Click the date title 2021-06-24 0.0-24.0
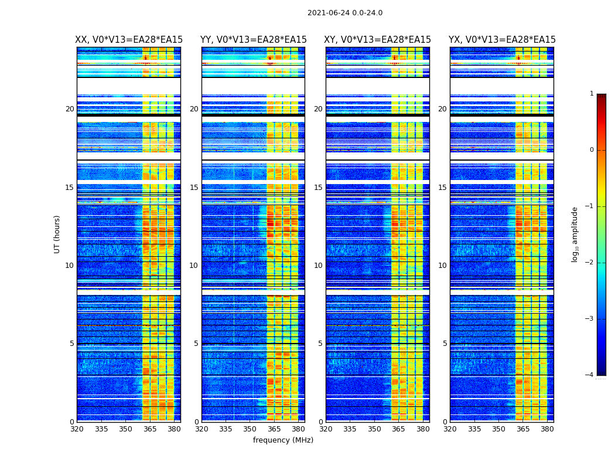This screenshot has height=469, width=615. pyautogui.click(x=345, y=13)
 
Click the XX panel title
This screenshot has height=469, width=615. pyautogui.click(x=129, y=40)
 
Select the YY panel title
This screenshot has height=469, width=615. pyautogui.click(x=253, y=40)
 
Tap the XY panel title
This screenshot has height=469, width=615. pyautogui.click(x=378, y=40)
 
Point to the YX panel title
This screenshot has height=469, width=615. pyautogui.click(x=502, y=40)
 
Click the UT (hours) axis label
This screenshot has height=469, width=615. pyautogui.click(x=57, y=234)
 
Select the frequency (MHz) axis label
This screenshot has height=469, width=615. pyautogui.click(x=283, y=440)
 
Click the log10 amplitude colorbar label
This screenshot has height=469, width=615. pyautogui.click(x=575, y=234)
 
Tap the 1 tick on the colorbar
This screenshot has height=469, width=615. pyautogui.click(x=592, y=94)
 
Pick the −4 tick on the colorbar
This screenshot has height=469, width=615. pyautogui.click(x=590, y=375)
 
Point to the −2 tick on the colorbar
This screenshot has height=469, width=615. pyautogui.click(x=590, y=263)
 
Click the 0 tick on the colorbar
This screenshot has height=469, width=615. pyautogui.click(x=592, y=150)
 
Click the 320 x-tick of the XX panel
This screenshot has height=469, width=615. pyautogui.click(x=77, y=429)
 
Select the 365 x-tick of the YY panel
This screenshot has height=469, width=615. pyautogui.click(x=275, y=429)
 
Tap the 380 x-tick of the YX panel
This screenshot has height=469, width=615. pyautogui.click(x=547, y=429)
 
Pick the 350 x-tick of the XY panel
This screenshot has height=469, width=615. pyautogui.click(x=374, y=429)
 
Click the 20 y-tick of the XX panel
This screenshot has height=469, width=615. pyautogui.click(x=70, y=109)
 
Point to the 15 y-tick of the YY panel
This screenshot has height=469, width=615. pyautogui.click(x=194, y=188)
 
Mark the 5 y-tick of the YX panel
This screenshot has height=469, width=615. pyautogui.click(x=445, y=344)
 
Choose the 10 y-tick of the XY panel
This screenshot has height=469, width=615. pyautogui.click(x=318, y=266)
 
